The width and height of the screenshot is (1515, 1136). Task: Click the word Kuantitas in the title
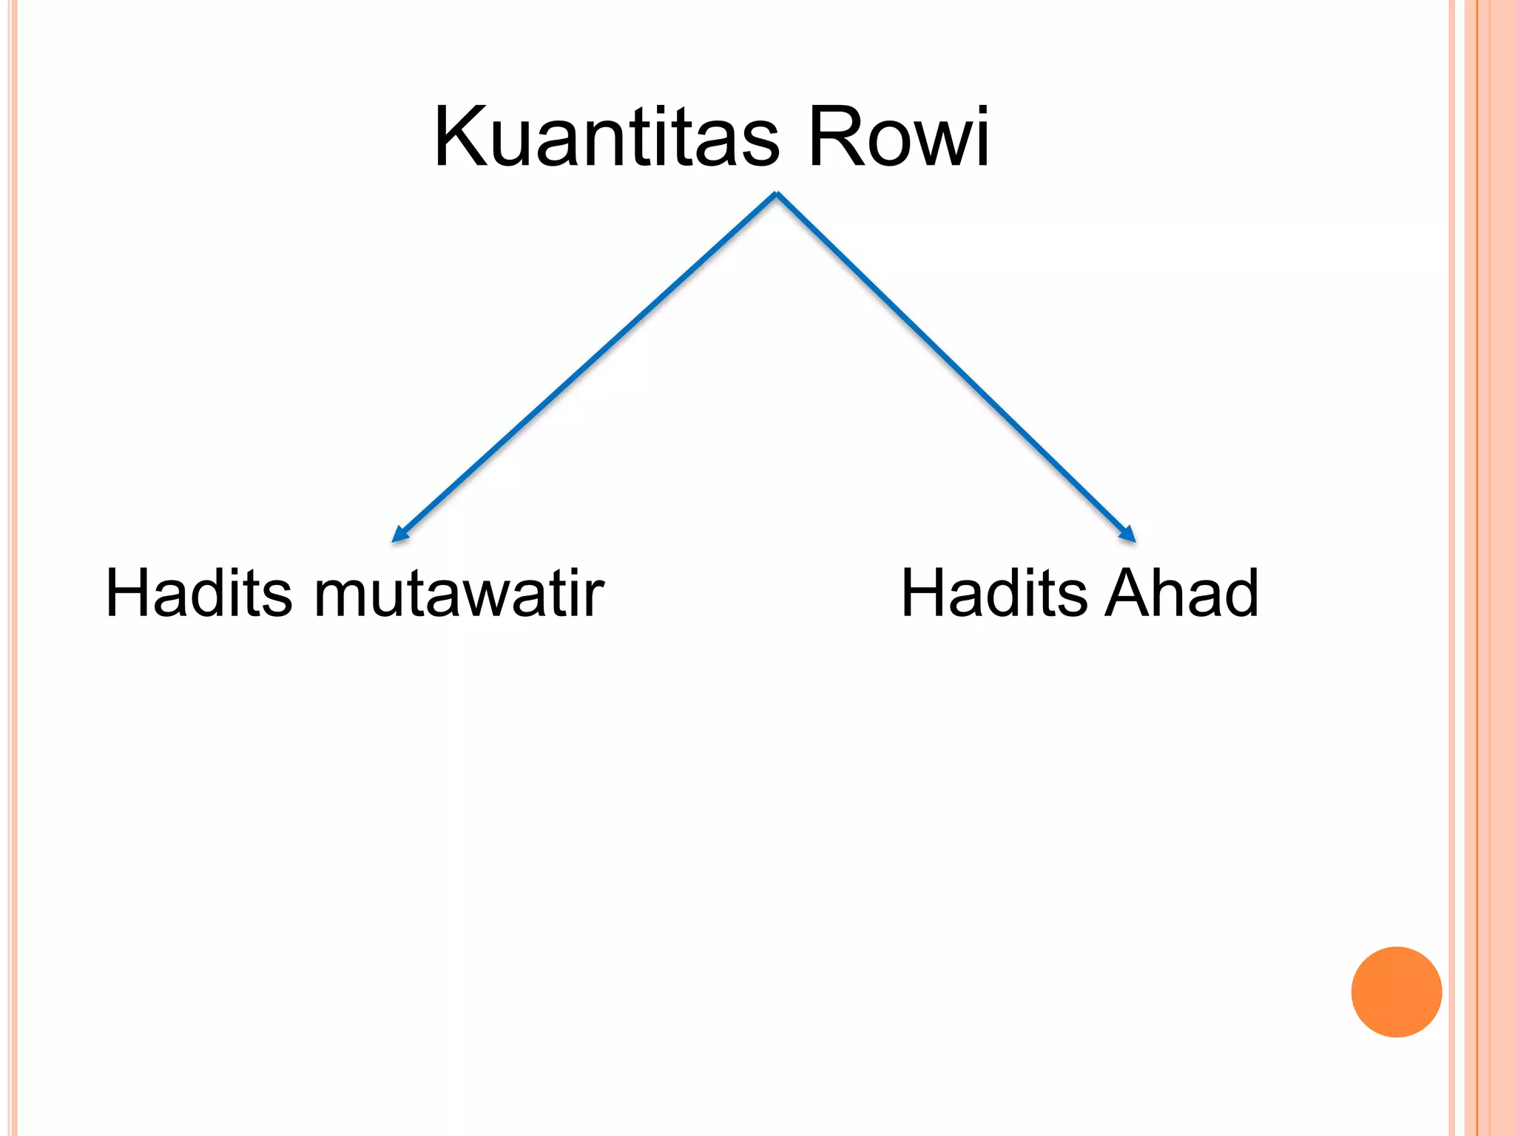coord(607,138)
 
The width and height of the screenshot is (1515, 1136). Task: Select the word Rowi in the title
coord(898,138)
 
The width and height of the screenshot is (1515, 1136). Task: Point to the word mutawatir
coord(459,594)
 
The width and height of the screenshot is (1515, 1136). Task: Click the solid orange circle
coord(1396,992)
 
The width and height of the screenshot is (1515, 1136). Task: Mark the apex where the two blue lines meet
coord(776,195)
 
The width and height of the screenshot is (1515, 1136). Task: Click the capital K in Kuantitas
coord(460,138)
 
